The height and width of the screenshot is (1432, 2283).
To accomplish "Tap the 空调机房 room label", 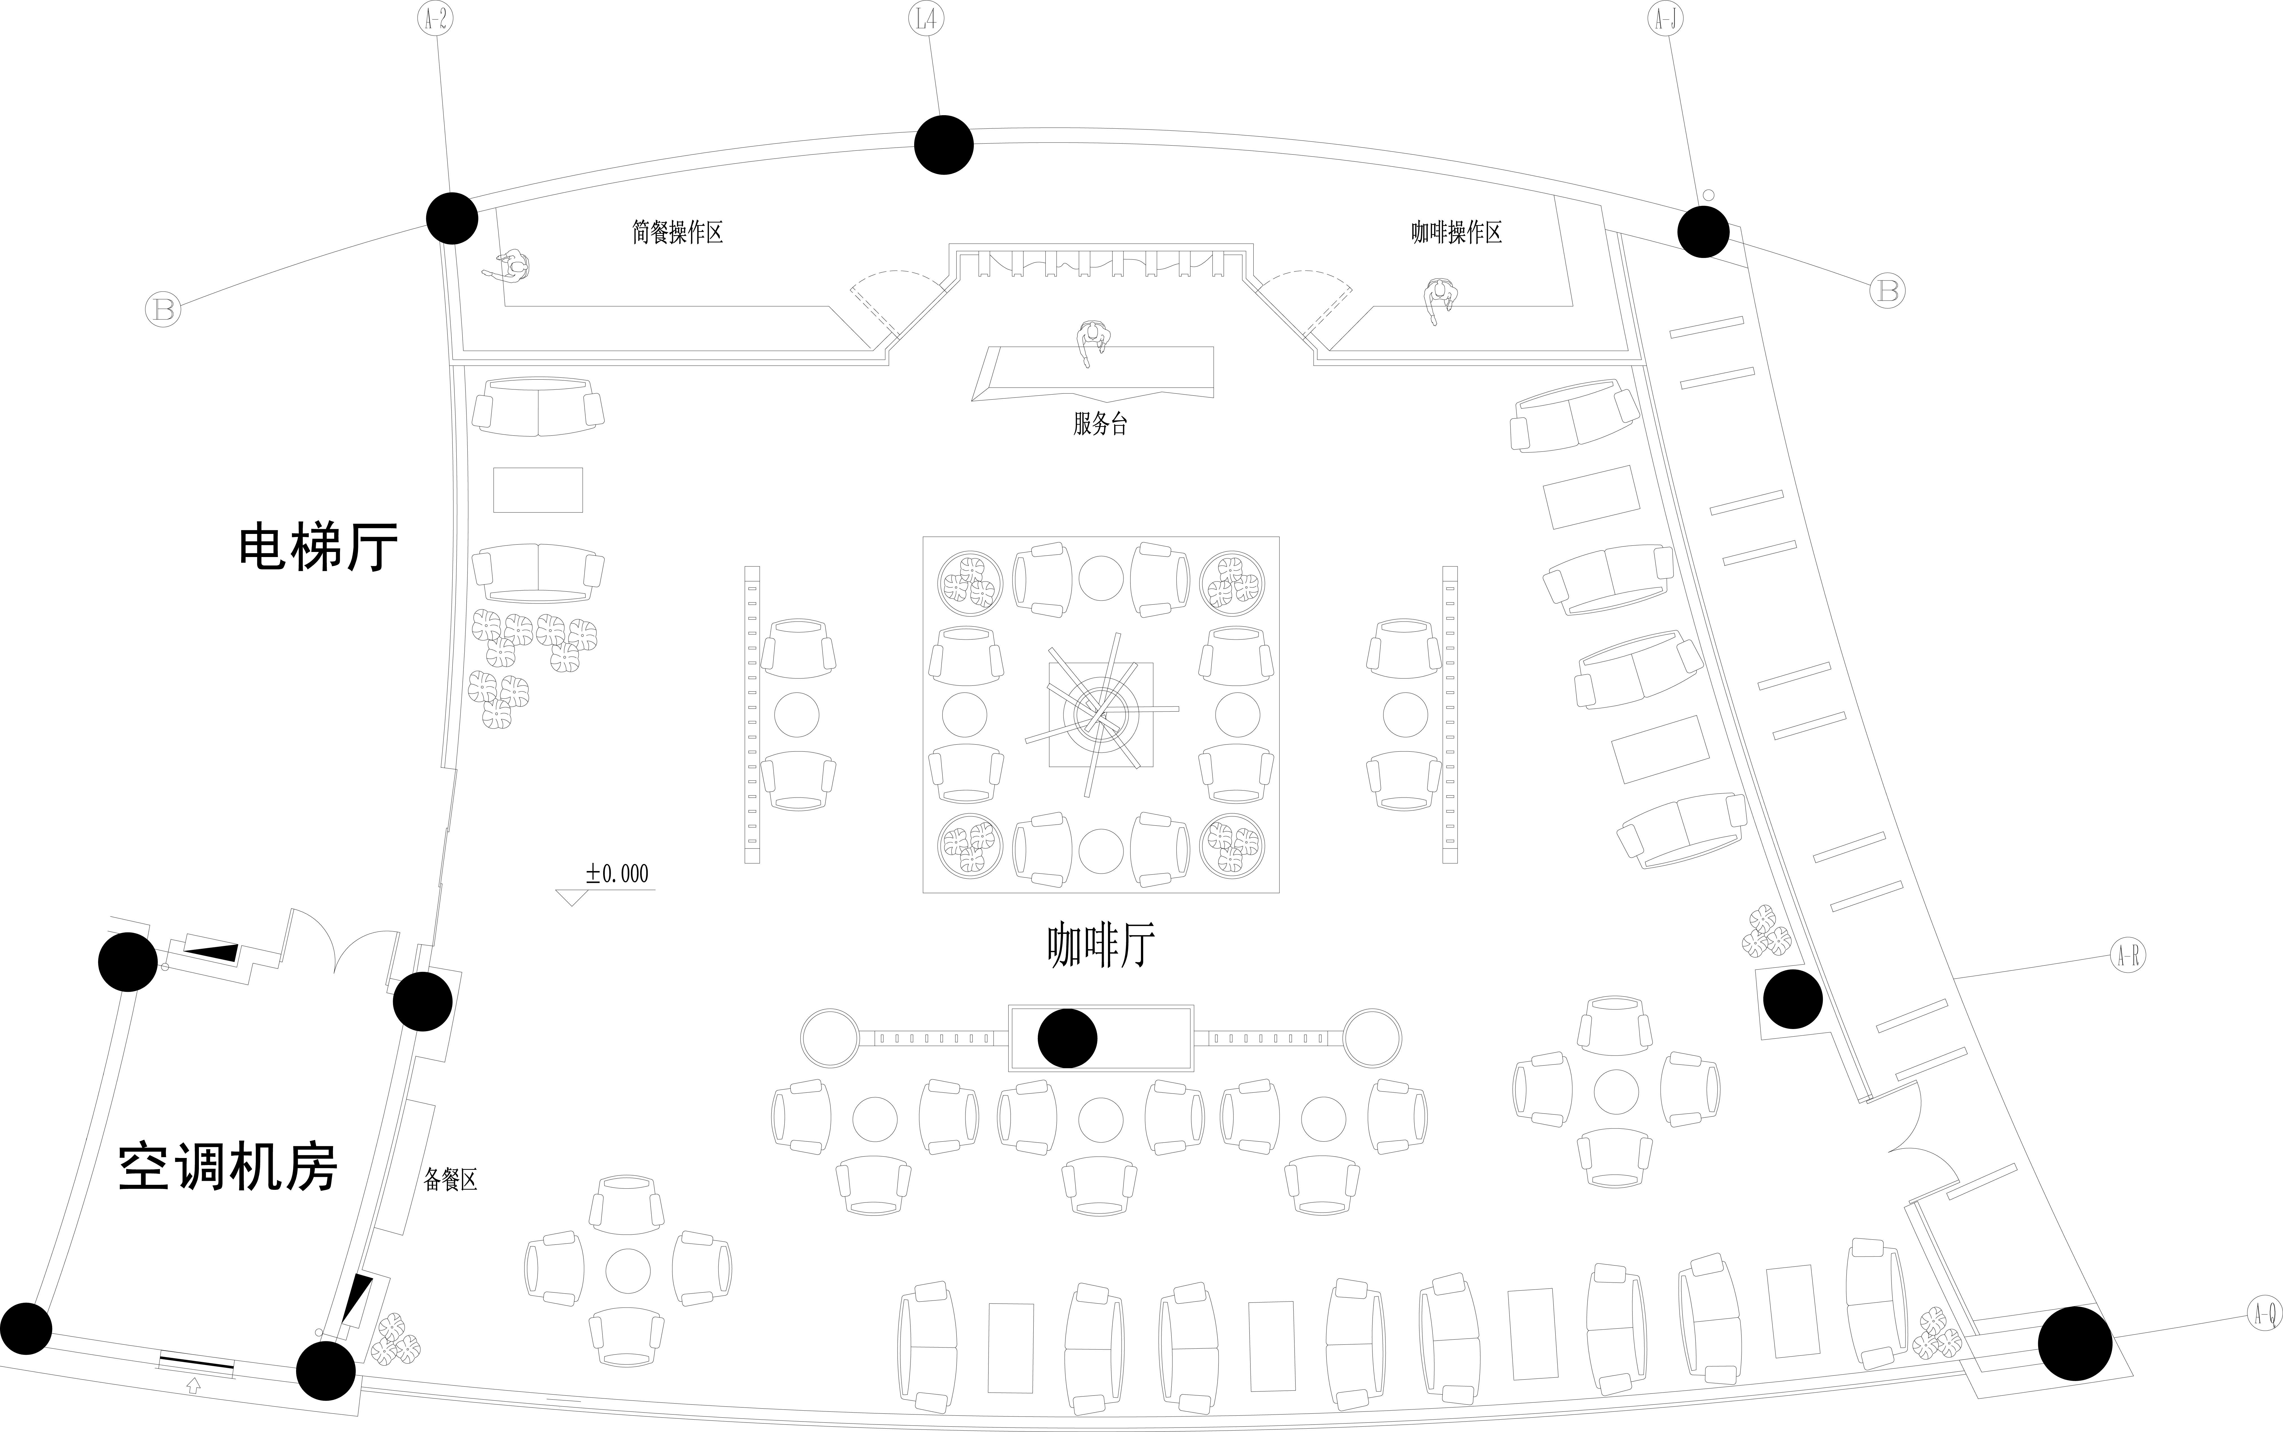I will (x=227, y=1167).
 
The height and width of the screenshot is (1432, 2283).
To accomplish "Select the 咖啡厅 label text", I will (x=1101, y=945).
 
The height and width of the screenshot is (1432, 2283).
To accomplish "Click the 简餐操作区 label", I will (x=677, y=232).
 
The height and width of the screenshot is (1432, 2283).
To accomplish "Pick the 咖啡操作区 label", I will (x=1456, y=232).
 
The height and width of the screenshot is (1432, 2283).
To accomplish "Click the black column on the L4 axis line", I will (x=943, y=145).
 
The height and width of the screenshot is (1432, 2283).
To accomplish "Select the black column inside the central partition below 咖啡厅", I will (x=1068, y=1038).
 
